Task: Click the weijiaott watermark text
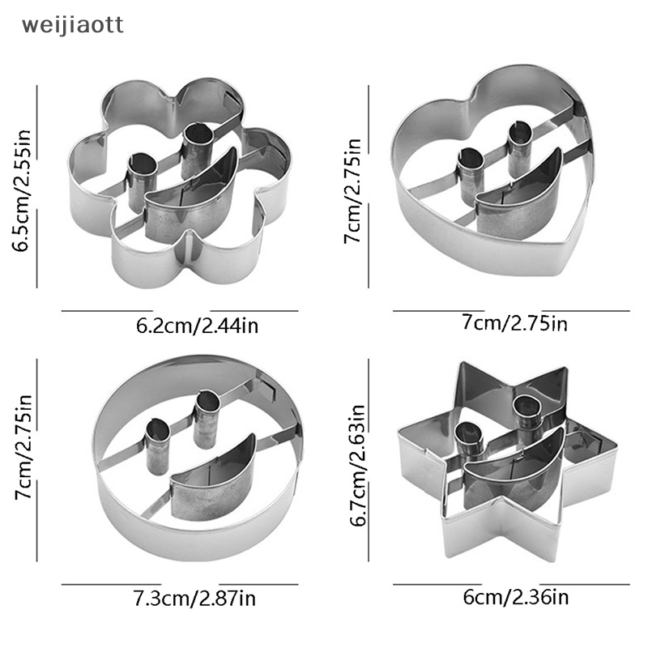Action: tap(73, 25)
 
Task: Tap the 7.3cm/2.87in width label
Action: tap(194, 600)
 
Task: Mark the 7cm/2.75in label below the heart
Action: tap(514, 324)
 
